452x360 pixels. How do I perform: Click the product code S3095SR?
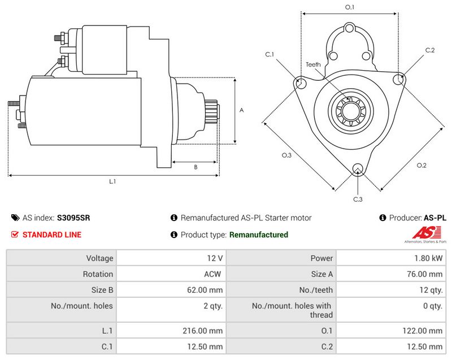click(x=73, y=218)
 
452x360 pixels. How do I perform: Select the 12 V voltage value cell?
click(x=215, y=258)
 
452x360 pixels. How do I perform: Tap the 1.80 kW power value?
click(x=429, y=258)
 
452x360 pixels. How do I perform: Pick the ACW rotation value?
click(x=213, y=274)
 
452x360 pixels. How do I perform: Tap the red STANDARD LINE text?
click(x=51, y=235)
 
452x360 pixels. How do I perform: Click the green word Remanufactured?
click(x=259, y=235)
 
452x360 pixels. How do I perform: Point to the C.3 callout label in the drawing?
click(x=358, y=199)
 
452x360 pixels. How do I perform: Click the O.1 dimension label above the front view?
click(x=350, y=7)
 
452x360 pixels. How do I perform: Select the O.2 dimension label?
click(x=421, y=165)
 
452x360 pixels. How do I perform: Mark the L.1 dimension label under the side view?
click(x=112, y=181)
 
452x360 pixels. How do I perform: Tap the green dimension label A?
click(x=241, y=111)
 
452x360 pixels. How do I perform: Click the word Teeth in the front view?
click(x=313, y=64)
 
